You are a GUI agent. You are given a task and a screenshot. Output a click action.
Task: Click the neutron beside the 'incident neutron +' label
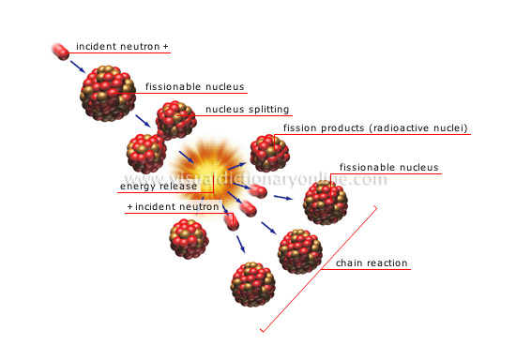tap(58, 51)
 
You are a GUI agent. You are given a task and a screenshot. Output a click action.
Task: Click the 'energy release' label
tap(165, 186)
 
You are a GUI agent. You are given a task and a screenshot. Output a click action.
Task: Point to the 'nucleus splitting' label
tap(248, 109)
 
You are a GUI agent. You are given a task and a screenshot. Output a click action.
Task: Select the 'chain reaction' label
tap(371, 263)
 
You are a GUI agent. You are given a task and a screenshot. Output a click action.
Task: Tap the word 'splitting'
tap(269, 109)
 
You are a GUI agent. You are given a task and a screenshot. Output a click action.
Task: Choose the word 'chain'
tap(348, 263)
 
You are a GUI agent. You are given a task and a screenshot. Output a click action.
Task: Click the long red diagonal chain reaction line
tap(319, 268)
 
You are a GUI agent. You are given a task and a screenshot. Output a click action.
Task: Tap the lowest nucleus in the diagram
tap(252, 284)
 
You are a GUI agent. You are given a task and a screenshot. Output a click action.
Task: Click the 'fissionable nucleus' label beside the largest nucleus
tap(195, 87)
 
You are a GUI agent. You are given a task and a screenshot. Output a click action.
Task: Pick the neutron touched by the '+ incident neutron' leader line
tap(231, 219)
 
